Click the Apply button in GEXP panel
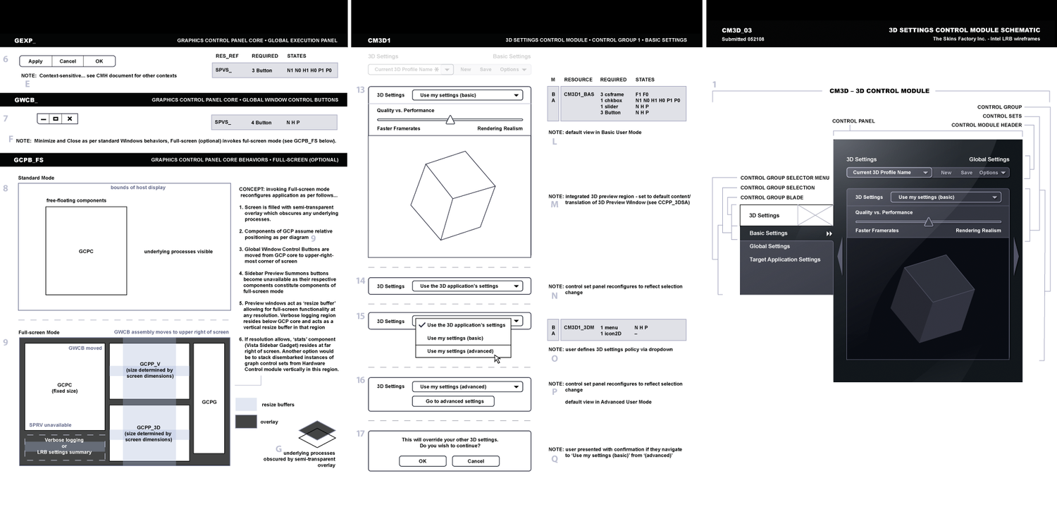pyautogui.click(x=35, y=61)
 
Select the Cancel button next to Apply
pyautogui.click(x=68, y=61)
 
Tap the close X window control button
pyautogui.click(x=70, y=119)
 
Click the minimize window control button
pyautogui.click(x=44, y=119)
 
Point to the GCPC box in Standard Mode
pyautogui.click(x=86, y=250)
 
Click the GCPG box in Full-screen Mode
pyautogui.click(x=209, y=402)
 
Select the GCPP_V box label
pyautogui.click(x=149, y=365)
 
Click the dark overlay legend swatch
pyautogui.click(x=246, y=421)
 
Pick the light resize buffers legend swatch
pyautogui.click(x=246, y=404)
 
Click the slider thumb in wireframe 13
pyautogui.click(x=450, y=121)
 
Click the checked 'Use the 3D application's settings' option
pyautogui.click(x=465, y=325)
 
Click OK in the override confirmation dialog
pyautogui.click(x=422, y=461)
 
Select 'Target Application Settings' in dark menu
pyautogui.click(x=784, y=259)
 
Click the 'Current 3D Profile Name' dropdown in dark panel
pyautogui.click(x=889, y=173)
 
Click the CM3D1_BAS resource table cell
pyautogui.click(x=579, y=94)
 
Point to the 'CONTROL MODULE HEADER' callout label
pyautogui.click(x=986, y=126)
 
